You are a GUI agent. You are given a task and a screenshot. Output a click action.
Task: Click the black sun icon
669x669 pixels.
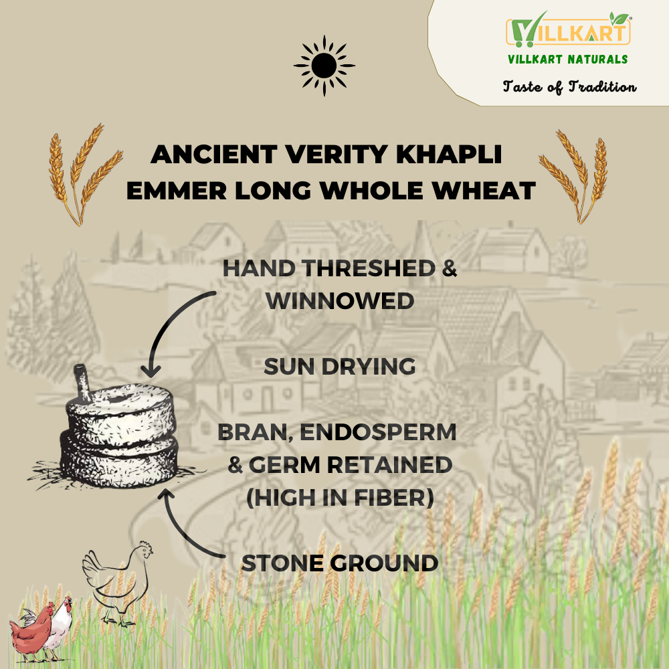[324, 66]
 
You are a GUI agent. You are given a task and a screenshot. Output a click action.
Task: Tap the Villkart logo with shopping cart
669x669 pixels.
[568, 30]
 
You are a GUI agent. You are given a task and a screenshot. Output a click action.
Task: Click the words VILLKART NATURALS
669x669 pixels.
[568, 60]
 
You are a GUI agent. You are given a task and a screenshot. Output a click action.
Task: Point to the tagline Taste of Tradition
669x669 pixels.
[569, 86]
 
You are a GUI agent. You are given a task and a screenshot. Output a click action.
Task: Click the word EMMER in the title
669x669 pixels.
[176, 190]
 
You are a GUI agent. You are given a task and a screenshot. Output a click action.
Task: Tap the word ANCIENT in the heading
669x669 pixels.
[214, 154]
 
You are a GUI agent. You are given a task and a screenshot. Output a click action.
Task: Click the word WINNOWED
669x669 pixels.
[340, 301]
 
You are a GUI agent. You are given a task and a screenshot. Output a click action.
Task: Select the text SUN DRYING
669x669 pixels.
[340, 367]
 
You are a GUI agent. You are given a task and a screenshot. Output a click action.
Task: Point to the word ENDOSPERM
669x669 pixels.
[379, 432]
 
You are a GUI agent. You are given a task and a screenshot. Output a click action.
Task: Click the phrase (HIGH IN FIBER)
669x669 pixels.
[340, 498]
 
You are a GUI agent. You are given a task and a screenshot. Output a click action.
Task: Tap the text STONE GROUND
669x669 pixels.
[340, 563]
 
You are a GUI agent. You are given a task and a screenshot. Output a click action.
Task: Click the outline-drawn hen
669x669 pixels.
[118, 585]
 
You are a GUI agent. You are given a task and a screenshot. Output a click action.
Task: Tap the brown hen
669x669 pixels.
[31, 632]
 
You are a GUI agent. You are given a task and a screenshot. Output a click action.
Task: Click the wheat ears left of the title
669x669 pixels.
[84, 175]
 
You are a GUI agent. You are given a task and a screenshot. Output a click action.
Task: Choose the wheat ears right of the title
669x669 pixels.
[573, 177]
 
